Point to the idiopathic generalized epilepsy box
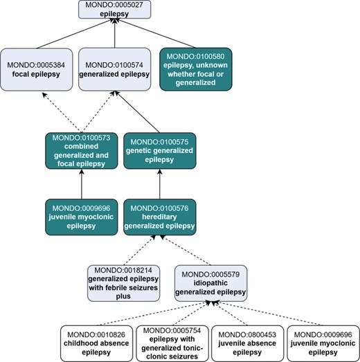[210, 282]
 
